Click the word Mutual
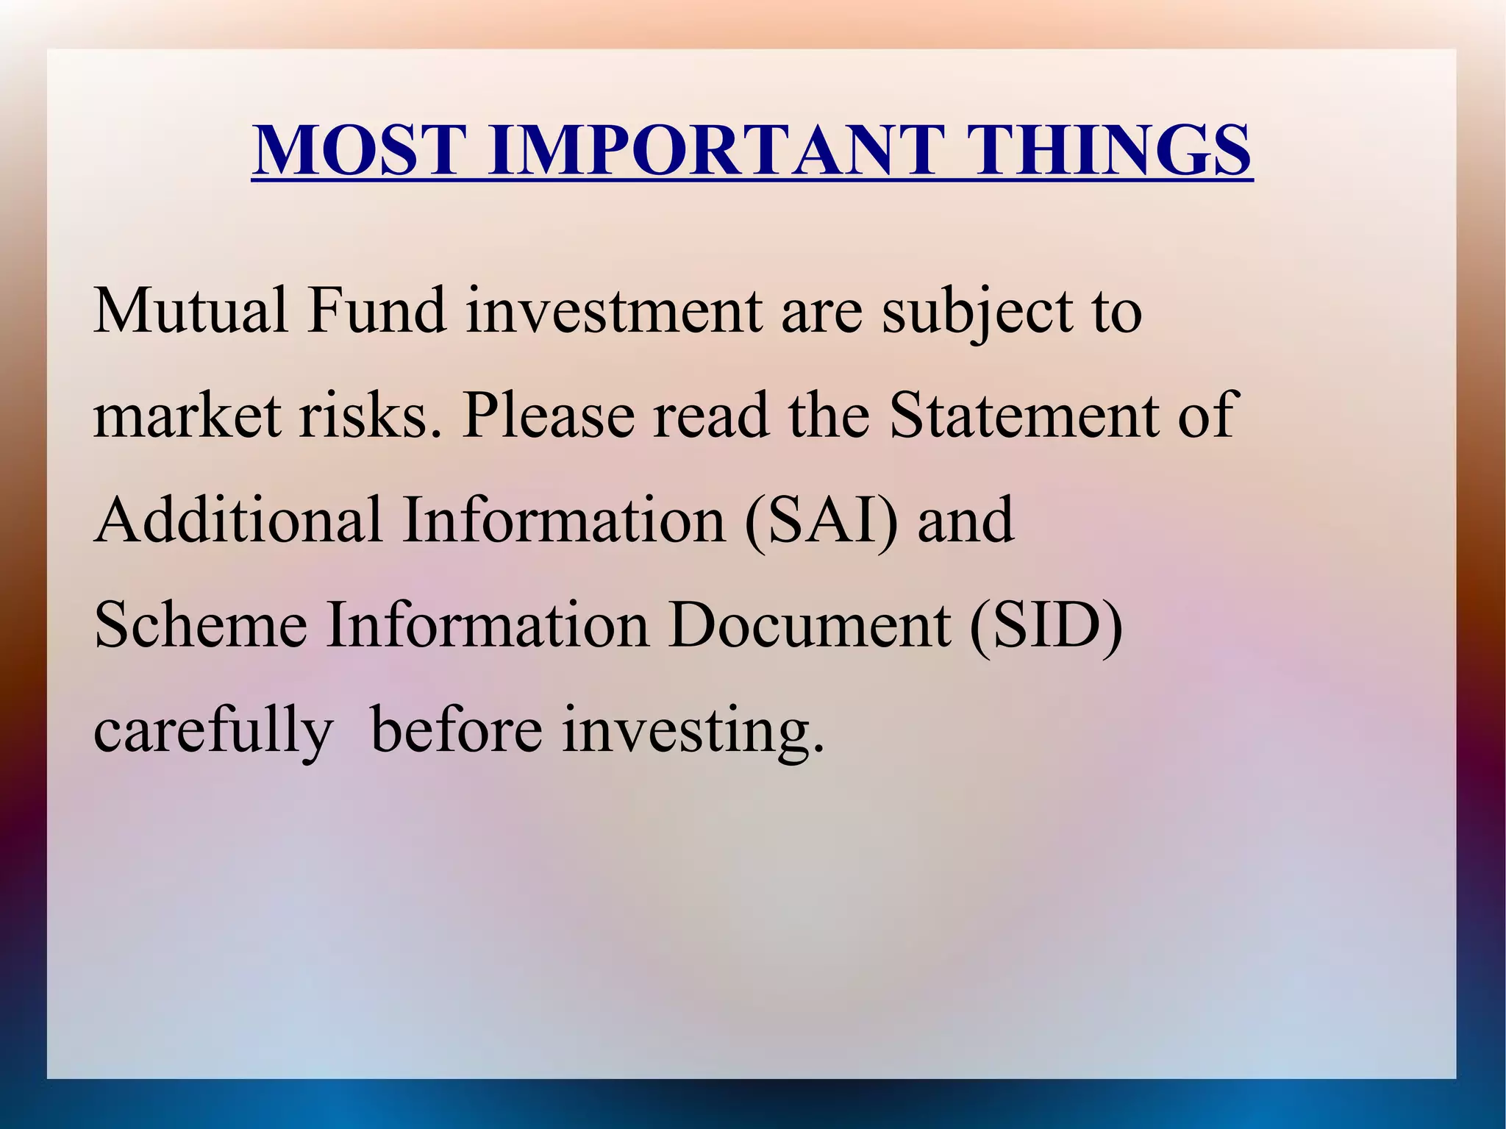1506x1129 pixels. pos(190,310)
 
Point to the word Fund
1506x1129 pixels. pos(376,310)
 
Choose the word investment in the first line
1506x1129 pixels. pos(614,310)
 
